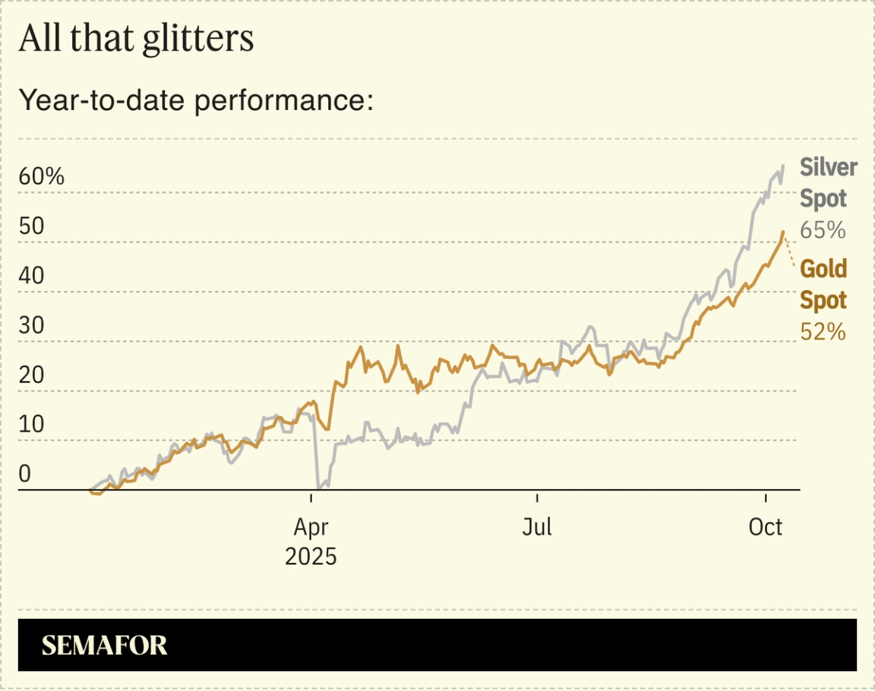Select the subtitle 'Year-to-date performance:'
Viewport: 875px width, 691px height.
(x=196, y=100)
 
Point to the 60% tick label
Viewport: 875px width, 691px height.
(x=42, y=177)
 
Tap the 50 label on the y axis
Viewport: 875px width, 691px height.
(x=32, y=227)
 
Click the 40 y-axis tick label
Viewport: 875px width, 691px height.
(x=32, y=276)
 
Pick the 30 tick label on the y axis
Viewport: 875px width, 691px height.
(x=32, y=326)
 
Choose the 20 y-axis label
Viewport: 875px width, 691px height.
(x=32, y=375)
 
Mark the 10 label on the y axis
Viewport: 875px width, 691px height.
(x=31, y=424)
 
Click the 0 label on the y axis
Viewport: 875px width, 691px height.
(x=24, y=474)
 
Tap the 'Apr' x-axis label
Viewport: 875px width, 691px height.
(x=311, y=526)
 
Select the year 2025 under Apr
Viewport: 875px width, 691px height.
(x=311, y=557)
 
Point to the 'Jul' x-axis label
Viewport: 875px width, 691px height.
(x=537, y=526)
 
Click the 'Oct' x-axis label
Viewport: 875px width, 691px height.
(x=765, y=526)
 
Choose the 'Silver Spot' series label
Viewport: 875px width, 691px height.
(x=828, y=183)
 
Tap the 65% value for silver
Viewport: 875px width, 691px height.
(x=823, y=230)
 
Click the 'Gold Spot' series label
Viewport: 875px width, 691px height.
(x=823, y=285)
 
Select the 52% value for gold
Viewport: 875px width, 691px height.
(x=823, y=331)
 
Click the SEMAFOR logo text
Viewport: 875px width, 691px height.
(x=104, y=645)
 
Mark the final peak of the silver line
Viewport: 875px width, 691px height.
(x=783, y=166)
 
